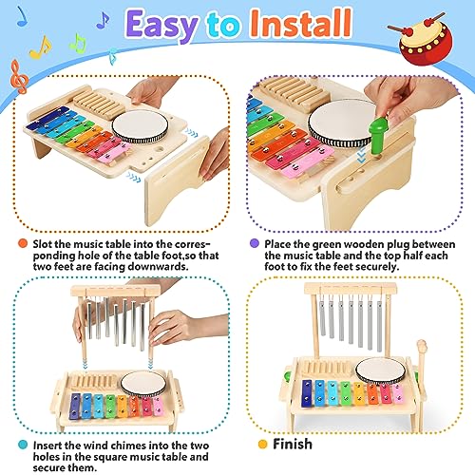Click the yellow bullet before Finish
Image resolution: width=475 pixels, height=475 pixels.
click(x=263, y=444)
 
